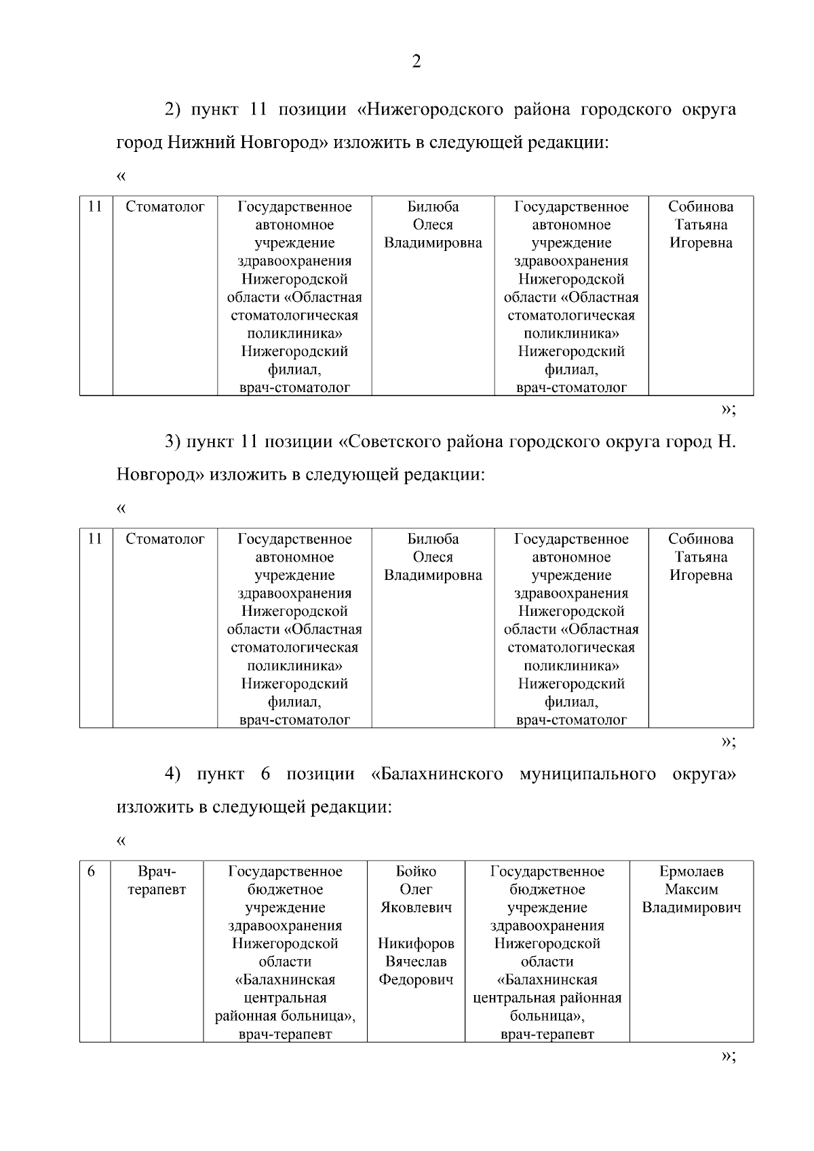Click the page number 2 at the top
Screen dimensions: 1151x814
(416, 62)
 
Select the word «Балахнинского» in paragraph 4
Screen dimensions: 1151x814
(437, 774)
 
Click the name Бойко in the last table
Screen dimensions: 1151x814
(416, 872)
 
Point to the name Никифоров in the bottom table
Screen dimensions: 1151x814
(416, 943)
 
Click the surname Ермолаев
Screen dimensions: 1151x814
(691, 872)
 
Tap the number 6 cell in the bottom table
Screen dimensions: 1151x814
(92, 872)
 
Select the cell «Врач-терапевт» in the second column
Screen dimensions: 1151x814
(157, 880)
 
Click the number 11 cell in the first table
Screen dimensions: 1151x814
(95, 207)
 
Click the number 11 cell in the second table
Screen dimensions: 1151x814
(95, 539)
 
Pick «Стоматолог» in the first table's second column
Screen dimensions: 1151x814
(165, 207)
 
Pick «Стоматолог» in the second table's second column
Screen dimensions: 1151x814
(165, 539)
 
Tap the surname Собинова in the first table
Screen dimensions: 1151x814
(701, 207)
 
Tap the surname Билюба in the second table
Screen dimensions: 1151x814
(433, 539)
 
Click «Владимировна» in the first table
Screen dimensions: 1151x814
(433, 243)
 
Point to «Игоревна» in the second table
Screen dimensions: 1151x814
(701, 575)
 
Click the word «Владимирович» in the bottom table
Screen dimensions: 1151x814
(691, 908)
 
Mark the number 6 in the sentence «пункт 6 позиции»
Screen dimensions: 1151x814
(265, 774)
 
